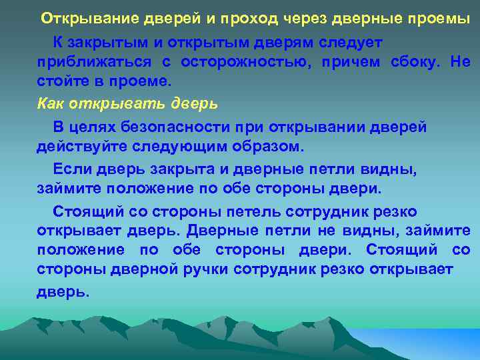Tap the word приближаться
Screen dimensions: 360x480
point(94,63)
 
